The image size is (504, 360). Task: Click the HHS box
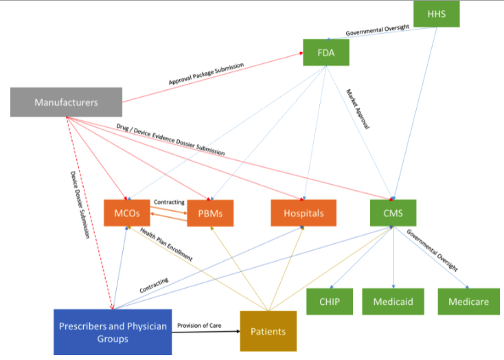coord(436,14)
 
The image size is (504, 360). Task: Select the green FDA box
coord(326,52)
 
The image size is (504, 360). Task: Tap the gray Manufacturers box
coord(66,102)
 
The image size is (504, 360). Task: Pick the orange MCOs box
coord(126,213)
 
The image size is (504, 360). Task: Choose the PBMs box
coord(210,213)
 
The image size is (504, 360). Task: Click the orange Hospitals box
coord(303,213)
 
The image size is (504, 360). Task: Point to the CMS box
coord(392,213)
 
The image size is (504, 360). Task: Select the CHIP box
coord(330,301)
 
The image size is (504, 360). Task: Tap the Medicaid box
coord(394,301)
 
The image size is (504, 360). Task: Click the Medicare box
coord(467,301)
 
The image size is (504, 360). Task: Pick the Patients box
coord(268,331)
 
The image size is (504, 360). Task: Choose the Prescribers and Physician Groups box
coord(112,332)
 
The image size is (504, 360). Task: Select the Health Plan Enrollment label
coord(167,244)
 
